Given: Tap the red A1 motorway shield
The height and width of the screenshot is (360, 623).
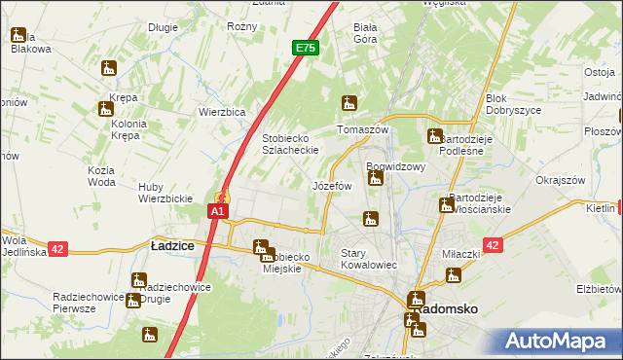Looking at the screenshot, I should [219, 210].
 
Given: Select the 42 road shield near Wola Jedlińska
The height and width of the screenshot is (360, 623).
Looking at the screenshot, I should [57, 249].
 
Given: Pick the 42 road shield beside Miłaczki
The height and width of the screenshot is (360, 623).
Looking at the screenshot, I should [493, 246].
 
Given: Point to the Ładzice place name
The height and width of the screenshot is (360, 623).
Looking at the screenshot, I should [171, 247].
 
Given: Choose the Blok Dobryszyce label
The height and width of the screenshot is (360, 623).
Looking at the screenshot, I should [510, 105].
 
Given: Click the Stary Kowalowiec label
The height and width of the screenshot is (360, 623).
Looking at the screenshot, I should [366, 259].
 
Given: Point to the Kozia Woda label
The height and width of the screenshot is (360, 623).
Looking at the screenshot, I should [101, 176].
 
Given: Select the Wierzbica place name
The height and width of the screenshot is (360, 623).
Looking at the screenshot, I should [221, 111].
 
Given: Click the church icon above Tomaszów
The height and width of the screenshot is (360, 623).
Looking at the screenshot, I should [348, 102].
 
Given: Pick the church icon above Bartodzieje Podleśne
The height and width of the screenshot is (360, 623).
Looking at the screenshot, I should [435, 136].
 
